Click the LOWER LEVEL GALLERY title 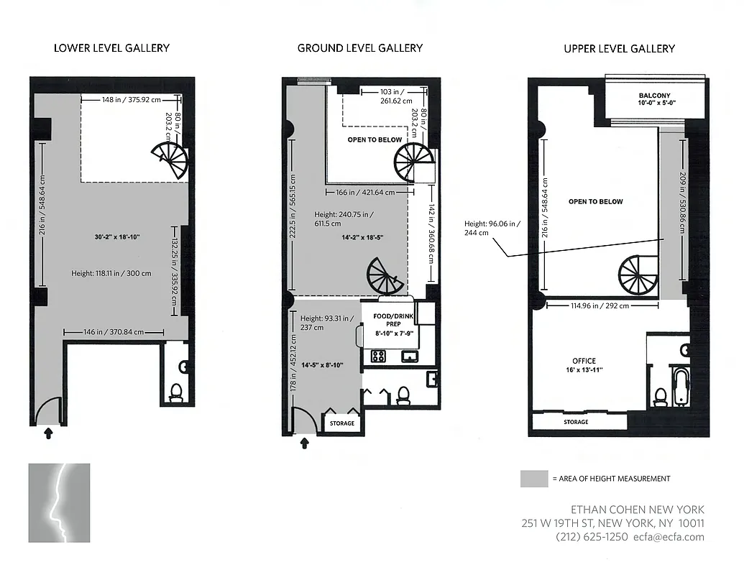coord(112,48)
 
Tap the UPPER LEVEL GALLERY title coord(619,49)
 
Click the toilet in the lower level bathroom coord(175,392)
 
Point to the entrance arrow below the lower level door coord(49,433)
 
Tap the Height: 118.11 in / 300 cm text coord(111,273)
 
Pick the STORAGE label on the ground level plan coord(342,423)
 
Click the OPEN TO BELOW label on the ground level coord(374,139)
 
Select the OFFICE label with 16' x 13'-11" coord(583,365)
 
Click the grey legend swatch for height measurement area coord(533,479)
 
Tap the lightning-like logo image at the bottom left coord(59,502)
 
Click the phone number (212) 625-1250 coord(591,537)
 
